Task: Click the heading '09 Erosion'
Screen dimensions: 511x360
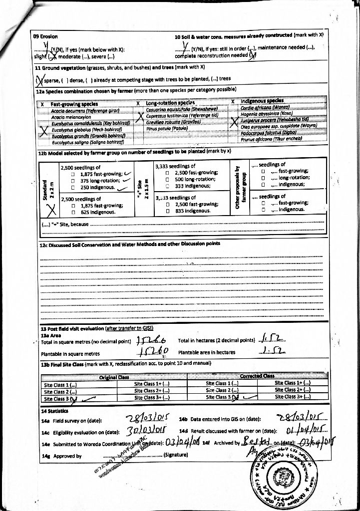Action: point(45,36)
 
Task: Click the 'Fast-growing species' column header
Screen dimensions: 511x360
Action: point(74,103)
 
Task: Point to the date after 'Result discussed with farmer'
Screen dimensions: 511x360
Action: point(298,430)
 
